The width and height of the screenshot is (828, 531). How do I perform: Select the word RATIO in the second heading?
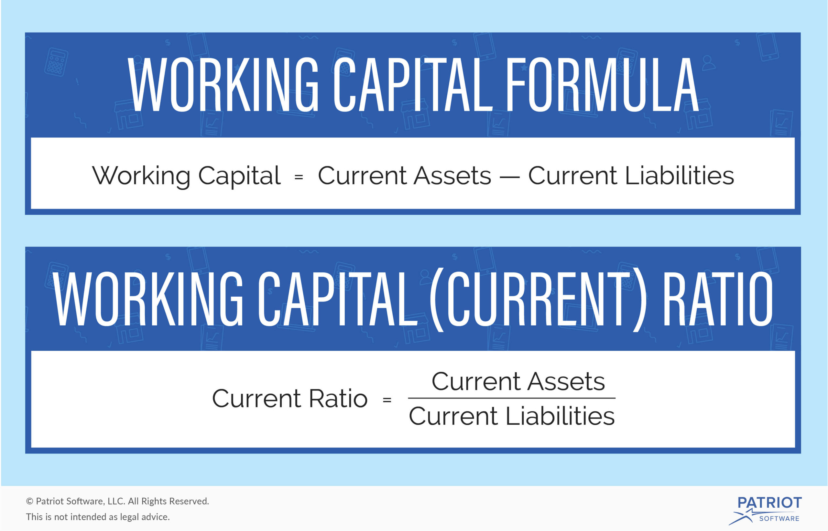tap(718, 299)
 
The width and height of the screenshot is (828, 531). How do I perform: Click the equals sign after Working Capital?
tap(299, 177)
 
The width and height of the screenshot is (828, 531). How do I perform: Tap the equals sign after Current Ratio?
tap(387, 400)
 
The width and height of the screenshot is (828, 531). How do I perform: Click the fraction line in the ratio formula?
tap(512, 398)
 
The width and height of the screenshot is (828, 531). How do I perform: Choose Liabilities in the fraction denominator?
tap(560, 416)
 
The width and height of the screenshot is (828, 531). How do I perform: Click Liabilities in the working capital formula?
tap(679, 175)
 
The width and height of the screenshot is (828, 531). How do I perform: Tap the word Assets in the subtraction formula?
tap(452, 176)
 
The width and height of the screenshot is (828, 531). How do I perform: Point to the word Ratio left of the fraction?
tap(338, 398)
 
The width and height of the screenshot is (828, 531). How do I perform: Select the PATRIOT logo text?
tap(769, 503)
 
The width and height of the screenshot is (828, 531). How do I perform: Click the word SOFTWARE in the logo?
tap(779, 519)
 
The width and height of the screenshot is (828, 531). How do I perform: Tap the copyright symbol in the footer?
tap(30, 501)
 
